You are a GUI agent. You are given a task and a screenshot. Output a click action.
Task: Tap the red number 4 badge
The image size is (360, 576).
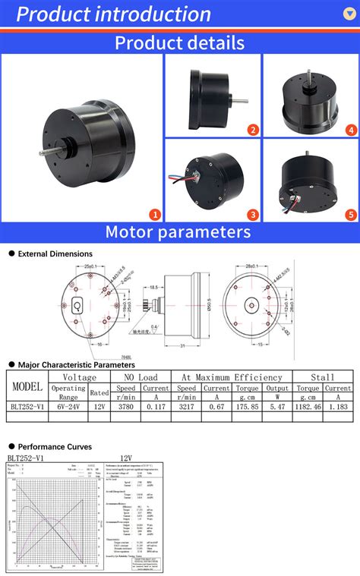(x=351, y=130)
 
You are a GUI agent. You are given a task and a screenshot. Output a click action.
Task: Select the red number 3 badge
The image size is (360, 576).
(x=253, y=215)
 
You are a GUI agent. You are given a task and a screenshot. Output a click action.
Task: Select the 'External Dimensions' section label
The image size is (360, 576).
(x=55, y=254)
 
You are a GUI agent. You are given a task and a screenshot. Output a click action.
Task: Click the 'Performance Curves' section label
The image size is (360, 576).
(x=55, y=446)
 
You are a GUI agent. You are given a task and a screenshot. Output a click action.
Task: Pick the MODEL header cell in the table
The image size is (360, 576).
(x=27, y=386)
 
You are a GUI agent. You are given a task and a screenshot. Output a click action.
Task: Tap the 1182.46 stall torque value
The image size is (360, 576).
(x=308, y=407)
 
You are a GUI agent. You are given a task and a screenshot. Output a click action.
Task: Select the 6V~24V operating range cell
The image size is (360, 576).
(x=68, y=407)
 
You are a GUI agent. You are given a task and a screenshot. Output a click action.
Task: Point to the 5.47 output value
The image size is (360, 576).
(x=278, y=407)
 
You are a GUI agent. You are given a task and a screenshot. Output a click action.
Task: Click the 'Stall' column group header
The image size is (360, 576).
(x=323, y=376)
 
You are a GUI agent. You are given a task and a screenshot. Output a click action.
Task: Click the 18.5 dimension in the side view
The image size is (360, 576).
(x=153, y=288)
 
